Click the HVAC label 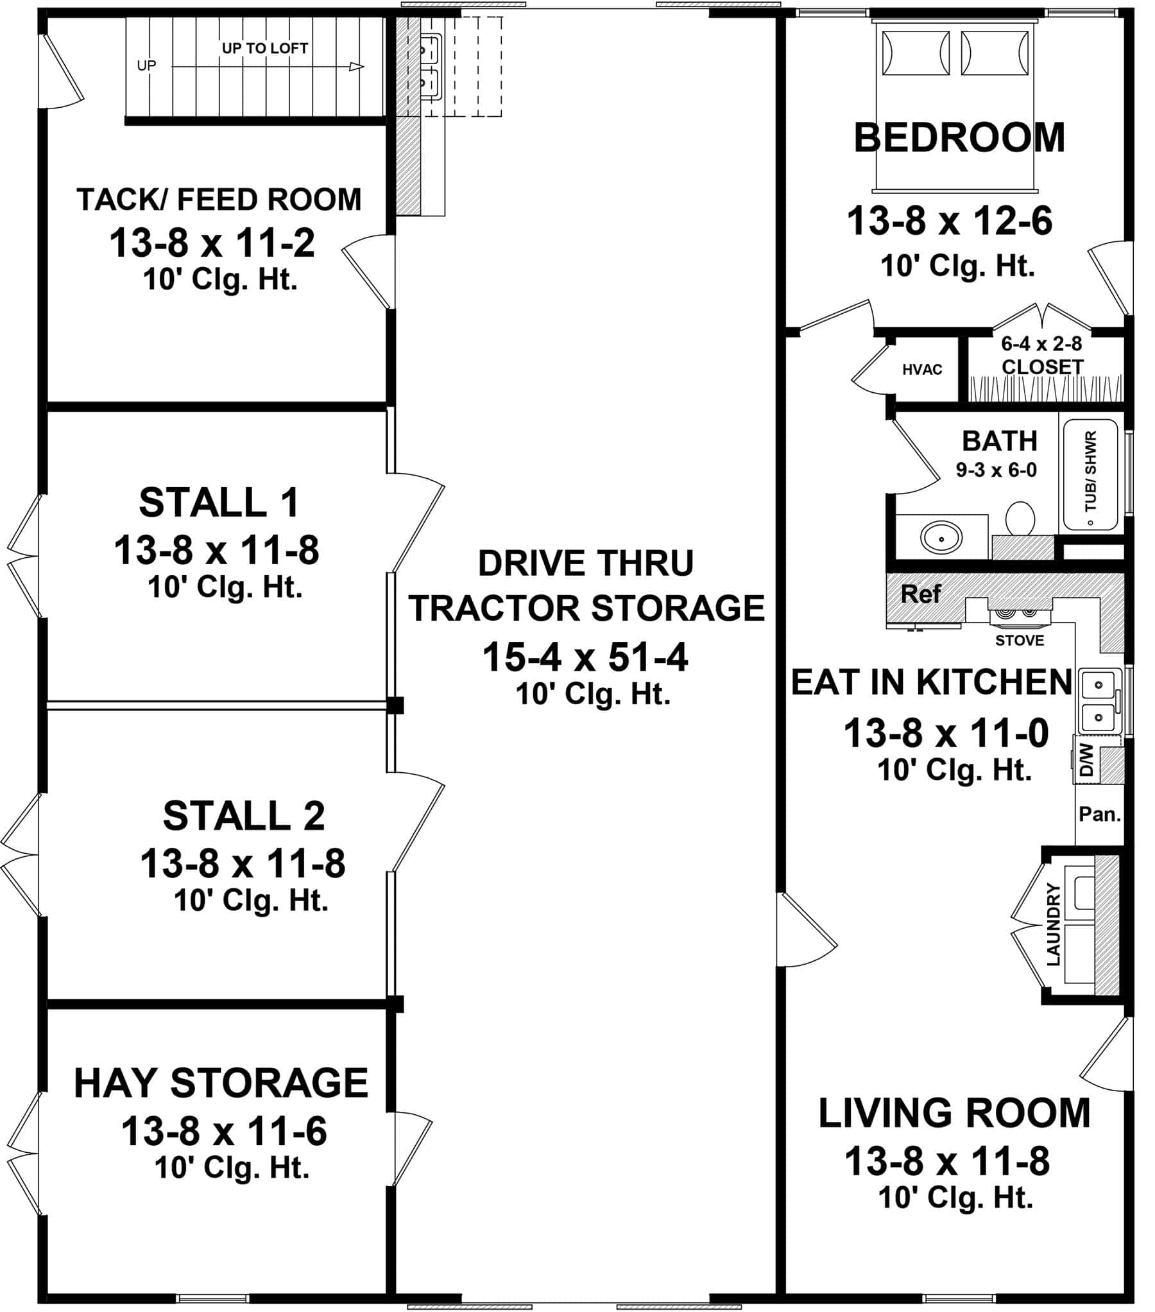[x=921, y=370]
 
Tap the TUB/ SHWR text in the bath [x=1090, y=472]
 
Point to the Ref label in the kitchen [x=920, y=594]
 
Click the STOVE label [x=1019, y=641]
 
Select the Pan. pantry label [x=1099, y=815]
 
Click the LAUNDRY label [x=1054, y=924]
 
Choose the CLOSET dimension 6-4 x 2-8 [x=1041, y=344]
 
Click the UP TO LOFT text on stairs [x=264, y=48]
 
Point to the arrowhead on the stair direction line [x=357, y=67]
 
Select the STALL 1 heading [x=219, y=503]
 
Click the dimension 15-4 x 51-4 [x=585, y=657]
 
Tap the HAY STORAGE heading [x=221, y=1083]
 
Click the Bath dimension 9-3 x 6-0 [x=996, y=470]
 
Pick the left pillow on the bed [x=916, y=53]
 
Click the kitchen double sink [x=1099, y=701]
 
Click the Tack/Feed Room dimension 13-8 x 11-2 [x=212, y=243]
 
